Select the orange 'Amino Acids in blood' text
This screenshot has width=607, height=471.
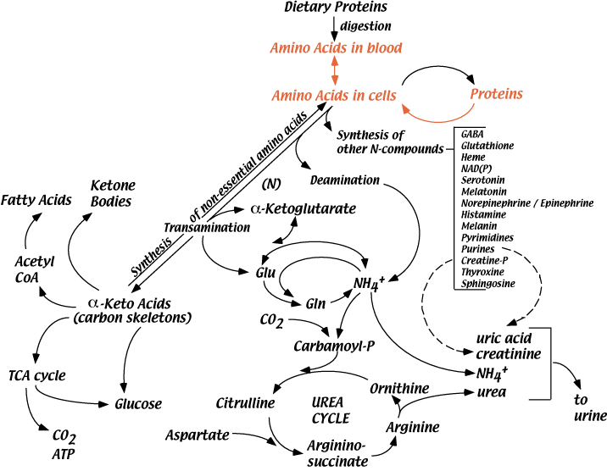tap(335, 47)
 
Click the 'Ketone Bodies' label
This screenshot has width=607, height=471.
tap(114, 191)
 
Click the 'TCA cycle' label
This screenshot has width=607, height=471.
tap(36, 374)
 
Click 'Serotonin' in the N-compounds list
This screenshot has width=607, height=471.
tap(480, 180)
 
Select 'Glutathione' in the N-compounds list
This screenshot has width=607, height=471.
tap(487, 146)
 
